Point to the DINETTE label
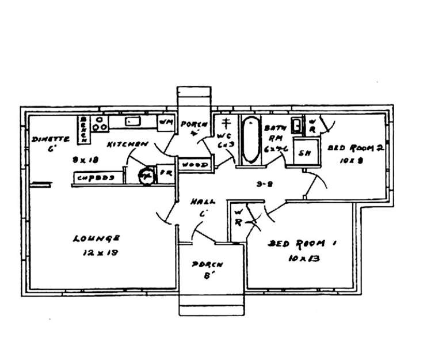pyautogui.click(x=51, y=139)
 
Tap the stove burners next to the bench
pyautogui.click(x=100, y=122)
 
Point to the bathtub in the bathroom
pyautogui.click(x=250, y=140)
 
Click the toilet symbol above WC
pyautogui.click(x=226, y=123)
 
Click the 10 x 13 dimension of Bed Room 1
pyautogui.click(x=304, y=259)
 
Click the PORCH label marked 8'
pyautogui.click(x=207, y=265)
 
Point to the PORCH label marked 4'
pyautogui.click(x=190, y=124)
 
